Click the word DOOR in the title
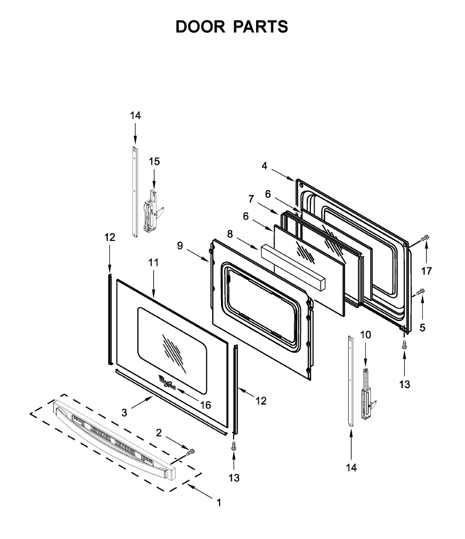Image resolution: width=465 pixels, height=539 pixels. click(x=200, y=27)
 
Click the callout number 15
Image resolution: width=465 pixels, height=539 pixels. click(x=154, y=161)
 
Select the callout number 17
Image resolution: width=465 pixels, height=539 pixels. click(x=426, y=271)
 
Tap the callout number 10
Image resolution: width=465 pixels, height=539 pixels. click(x=366, y=335)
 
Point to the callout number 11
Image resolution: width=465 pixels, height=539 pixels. click(x=154, y=263)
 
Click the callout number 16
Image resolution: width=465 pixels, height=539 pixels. click(x=205, y=405)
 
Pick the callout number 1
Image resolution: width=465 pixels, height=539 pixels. click(x=219, y=503)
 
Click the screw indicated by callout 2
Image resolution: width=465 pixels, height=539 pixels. click(x=190, y=451)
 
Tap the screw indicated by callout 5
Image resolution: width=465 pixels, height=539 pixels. click(x=421, y=292)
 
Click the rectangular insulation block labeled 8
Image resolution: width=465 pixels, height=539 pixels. click(x=292, y=268)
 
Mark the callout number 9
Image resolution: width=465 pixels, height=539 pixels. click(x=180, y=245)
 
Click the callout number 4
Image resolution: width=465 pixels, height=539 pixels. click(x=265, y=166)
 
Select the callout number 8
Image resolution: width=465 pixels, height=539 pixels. click(x=230, y=234)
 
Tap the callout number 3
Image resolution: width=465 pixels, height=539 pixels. click(x=124, y=411)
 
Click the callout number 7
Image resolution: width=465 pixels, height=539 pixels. click(x=251, y=199)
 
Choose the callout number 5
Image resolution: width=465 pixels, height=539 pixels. click(x=422, y=327)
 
